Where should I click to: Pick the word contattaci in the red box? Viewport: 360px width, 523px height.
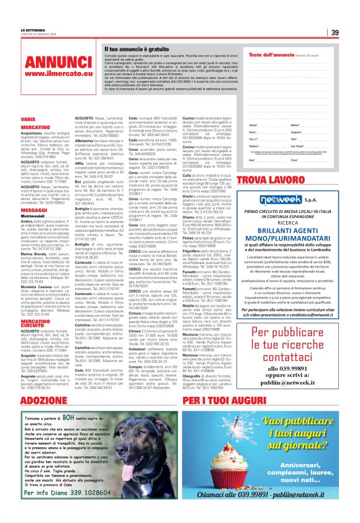(x=285, y=342)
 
